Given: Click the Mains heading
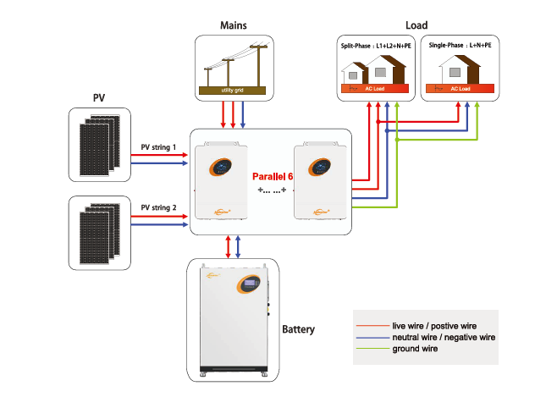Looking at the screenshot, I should click(233, 25).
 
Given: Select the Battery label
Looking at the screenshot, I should click(298, 328).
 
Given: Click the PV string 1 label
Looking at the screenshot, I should click(158, 147).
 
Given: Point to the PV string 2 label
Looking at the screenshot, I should click(158, 207).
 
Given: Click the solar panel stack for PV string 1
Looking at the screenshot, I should click(98, 143).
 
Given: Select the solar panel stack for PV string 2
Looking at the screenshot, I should click(98, 232).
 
